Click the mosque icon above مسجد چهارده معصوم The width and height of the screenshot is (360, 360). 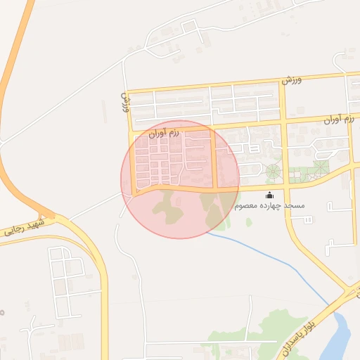[x=269, y=195]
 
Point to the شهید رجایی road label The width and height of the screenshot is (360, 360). [x=24, y=226]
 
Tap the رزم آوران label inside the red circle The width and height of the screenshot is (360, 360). [x=165, y=131]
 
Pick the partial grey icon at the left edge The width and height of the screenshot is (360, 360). [x=2, y=311]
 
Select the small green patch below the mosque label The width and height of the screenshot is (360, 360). [x=249, y=222]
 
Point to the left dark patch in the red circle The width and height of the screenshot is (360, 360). [x=167, y=206]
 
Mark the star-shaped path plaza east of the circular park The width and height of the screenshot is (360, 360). [x=321, y=167]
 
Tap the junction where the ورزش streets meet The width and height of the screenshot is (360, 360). [x=129, y=92]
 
